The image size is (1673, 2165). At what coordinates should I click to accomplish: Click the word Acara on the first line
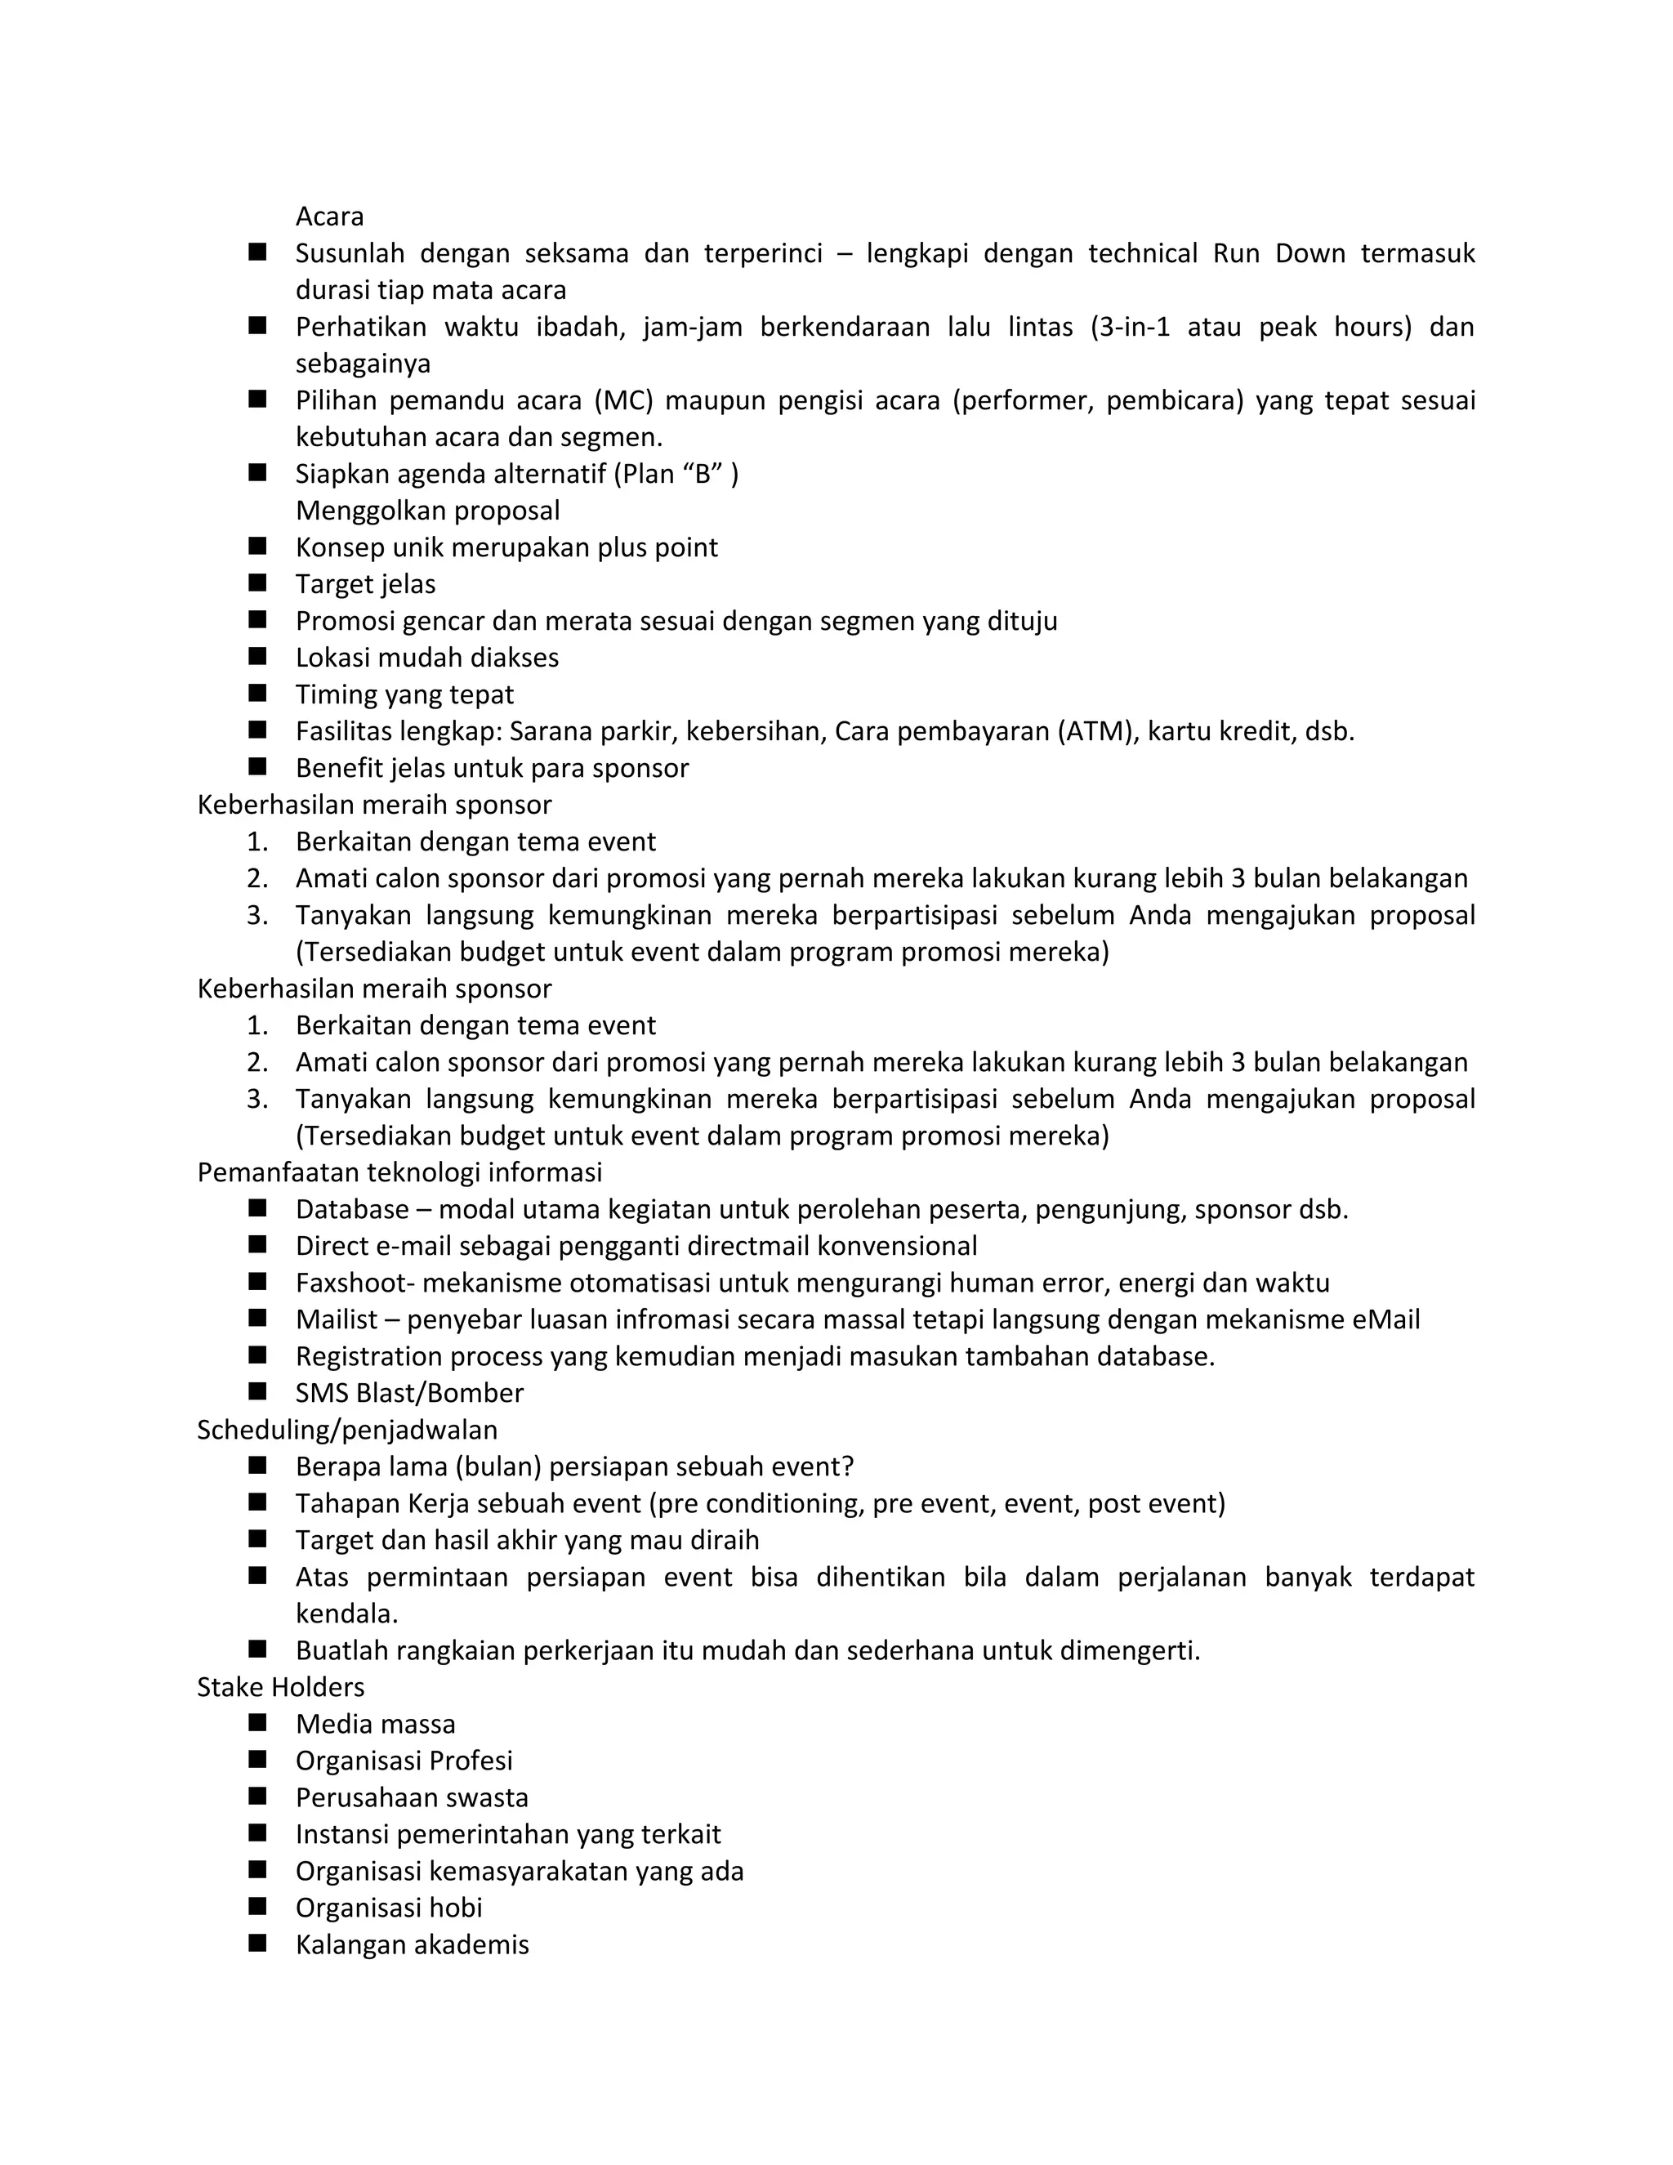(329, 216)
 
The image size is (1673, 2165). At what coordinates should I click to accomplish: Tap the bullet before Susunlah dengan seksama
(257, 252)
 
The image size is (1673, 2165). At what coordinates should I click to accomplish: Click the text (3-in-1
(1131, 327)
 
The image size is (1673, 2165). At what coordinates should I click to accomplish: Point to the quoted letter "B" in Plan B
(703, 474)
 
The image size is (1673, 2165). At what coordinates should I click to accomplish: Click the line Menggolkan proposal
(427, 511)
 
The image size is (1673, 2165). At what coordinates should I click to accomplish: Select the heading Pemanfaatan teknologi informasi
(399, 1172)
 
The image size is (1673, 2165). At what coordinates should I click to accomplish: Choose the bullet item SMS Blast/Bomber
(409, 1393)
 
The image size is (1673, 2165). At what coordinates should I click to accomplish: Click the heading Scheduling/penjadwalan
(347, 1430)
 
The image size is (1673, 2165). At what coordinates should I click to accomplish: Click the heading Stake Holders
(280, 1687)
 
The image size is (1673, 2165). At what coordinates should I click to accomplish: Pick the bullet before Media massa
(257, 1723)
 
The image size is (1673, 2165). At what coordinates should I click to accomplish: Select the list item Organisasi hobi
(389, 1908)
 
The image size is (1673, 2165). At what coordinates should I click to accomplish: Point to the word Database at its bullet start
(352, 1209)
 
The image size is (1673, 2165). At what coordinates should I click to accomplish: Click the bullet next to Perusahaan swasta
(257, 1797)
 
